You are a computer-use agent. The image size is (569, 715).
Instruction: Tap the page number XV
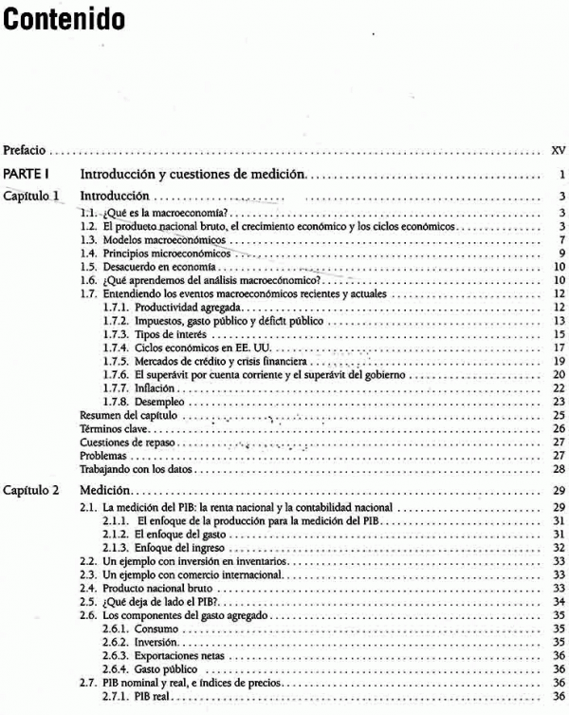tap(558, 150)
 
